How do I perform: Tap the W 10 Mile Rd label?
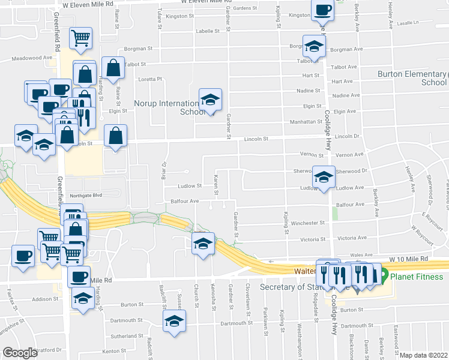409,259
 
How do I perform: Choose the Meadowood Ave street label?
32,58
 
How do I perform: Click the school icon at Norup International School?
210,99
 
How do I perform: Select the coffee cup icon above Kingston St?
322,10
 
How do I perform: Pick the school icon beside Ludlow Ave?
323,177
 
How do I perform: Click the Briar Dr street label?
164,171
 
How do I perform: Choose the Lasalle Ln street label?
408,22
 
